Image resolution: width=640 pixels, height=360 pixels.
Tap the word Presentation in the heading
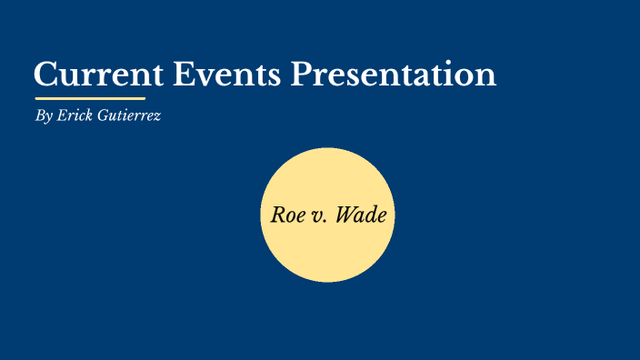click(394, 74)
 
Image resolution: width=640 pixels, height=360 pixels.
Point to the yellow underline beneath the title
click(90, 97)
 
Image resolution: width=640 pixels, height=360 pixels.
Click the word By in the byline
click(42, 116)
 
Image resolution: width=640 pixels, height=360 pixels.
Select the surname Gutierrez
click(130, 116)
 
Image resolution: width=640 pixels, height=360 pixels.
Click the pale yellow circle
click(327, 255)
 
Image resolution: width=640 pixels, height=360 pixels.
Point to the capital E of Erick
click(61, 116)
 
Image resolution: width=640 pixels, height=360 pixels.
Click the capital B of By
click(38, 116)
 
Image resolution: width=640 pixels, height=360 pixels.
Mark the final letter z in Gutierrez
click(158, 117)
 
